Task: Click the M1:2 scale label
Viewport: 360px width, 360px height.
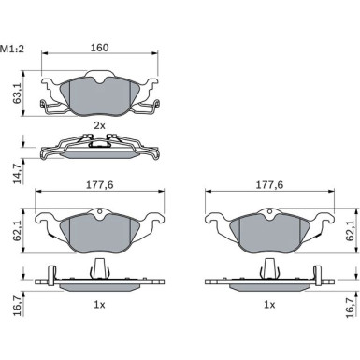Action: click(x=12, y=49)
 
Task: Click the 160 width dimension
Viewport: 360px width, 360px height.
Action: click(x=99, y=48)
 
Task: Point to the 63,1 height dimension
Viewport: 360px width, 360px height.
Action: click(x=17, y=94)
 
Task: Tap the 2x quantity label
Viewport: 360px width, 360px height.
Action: click(x=100, y=125)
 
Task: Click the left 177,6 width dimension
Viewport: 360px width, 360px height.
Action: click(x=100, y=185)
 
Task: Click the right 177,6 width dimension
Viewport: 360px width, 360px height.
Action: click(x=269, y=185)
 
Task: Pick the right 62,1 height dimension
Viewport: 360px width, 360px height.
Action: click(x=350, y=230)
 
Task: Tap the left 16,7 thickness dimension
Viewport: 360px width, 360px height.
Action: click(x=18, y=308)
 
